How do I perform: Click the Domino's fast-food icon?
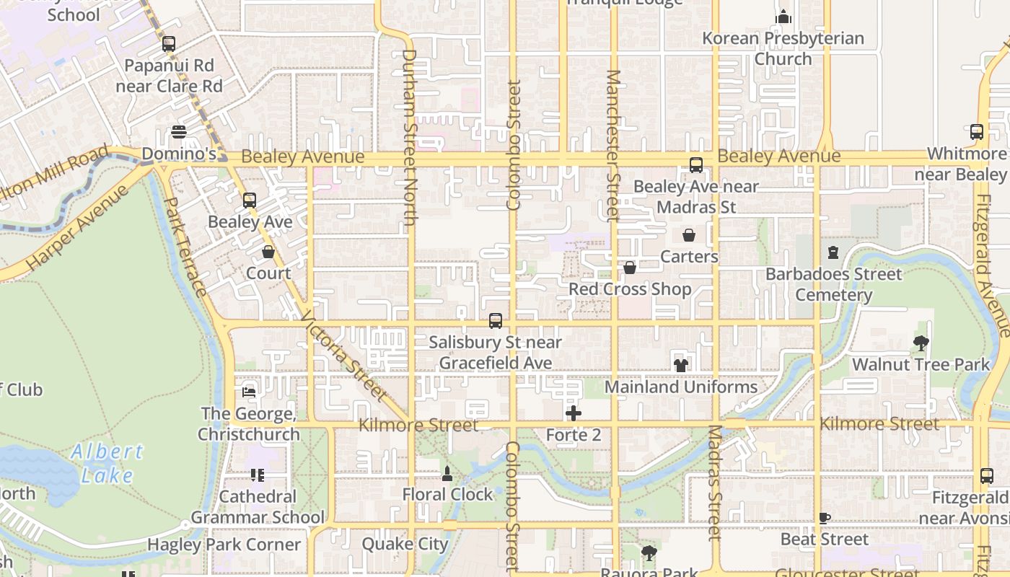tap(179, 133)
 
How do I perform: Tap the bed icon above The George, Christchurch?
tap(249, 392)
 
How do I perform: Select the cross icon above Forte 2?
tap(574, 413)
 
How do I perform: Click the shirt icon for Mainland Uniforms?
tap(681, 365)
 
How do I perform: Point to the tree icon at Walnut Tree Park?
tap(921, 343)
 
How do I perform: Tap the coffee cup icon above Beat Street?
tap(825, 518)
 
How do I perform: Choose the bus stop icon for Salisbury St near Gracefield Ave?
tap(496, 321)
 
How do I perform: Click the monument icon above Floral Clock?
tap(447, 474)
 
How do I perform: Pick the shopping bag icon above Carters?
tap(689, 235)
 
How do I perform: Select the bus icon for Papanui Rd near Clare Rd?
tap(169, 44)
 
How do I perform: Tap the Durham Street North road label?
tap(409, 137)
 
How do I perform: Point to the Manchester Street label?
tap(613, 145)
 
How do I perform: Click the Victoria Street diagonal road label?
tap(343, 356)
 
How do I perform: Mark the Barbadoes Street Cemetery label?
tap(833, 284)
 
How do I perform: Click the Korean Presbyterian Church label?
tap(783, 48)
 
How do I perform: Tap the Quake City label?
tap(405, 544)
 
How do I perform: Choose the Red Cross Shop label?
tap(630, 289)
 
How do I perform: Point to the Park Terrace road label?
tap(186, 247)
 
